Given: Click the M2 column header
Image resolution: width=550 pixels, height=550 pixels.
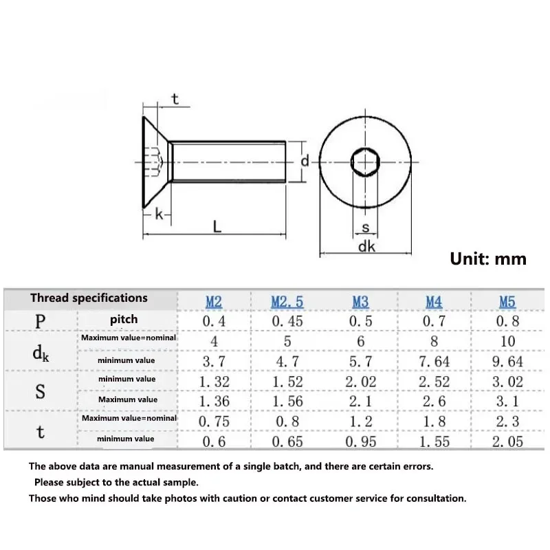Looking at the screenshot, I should click(214, 301).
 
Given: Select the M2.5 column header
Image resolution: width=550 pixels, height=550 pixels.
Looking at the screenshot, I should click(287, 301).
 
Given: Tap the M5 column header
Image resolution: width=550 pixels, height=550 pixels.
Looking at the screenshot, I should click(507, 301).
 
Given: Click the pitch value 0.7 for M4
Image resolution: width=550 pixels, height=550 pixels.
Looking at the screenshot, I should click(434, 321).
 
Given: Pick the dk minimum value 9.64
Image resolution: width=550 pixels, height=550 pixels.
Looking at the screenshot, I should click(507, 361).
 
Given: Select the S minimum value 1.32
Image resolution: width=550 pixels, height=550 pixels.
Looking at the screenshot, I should click(214, 382).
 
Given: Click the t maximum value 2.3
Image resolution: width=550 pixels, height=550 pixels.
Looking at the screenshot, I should click(507, 421).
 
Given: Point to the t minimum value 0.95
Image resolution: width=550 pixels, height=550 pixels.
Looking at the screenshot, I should click(360, 441).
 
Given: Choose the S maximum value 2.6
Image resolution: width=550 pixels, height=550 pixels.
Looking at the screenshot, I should click(434, 401).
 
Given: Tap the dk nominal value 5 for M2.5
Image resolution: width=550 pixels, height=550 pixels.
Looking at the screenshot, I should click(287, 341).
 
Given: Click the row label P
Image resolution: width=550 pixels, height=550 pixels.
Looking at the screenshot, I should click(41, 320).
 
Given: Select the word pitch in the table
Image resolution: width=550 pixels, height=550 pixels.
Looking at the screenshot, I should click(124, 319).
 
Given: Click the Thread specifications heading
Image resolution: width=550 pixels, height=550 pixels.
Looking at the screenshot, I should click(89, 298).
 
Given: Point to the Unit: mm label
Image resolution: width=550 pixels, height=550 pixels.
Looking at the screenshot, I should click(488, 258).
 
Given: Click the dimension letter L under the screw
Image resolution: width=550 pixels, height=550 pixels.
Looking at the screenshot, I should click(217, 225).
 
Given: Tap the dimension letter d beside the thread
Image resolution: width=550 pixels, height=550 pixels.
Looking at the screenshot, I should click(305, 161).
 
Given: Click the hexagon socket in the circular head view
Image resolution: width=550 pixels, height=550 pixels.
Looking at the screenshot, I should click(364, 162).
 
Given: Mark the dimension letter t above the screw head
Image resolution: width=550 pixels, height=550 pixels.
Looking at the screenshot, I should click(175, 99).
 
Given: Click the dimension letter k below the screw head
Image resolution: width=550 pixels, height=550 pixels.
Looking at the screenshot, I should click(159, 214).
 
